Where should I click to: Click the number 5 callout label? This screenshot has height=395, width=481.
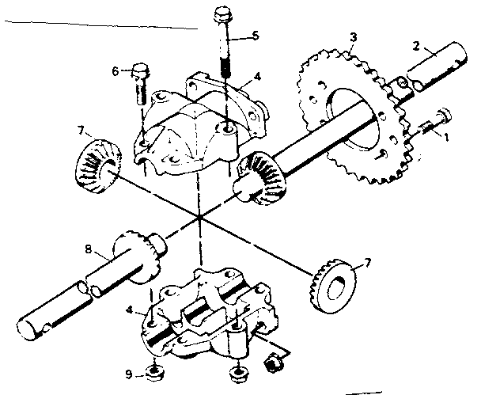pos(255,35)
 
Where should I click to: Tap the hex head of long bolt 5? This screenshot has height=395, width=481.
pos(221,14)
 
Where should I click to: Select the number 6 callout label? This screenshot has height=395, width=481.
pos(116,71)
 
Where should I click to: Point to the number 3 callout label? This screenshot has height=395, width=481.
pos(354,37)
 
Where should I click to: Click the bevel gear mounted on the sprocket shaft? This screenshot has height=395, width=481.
pos(259,176)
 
